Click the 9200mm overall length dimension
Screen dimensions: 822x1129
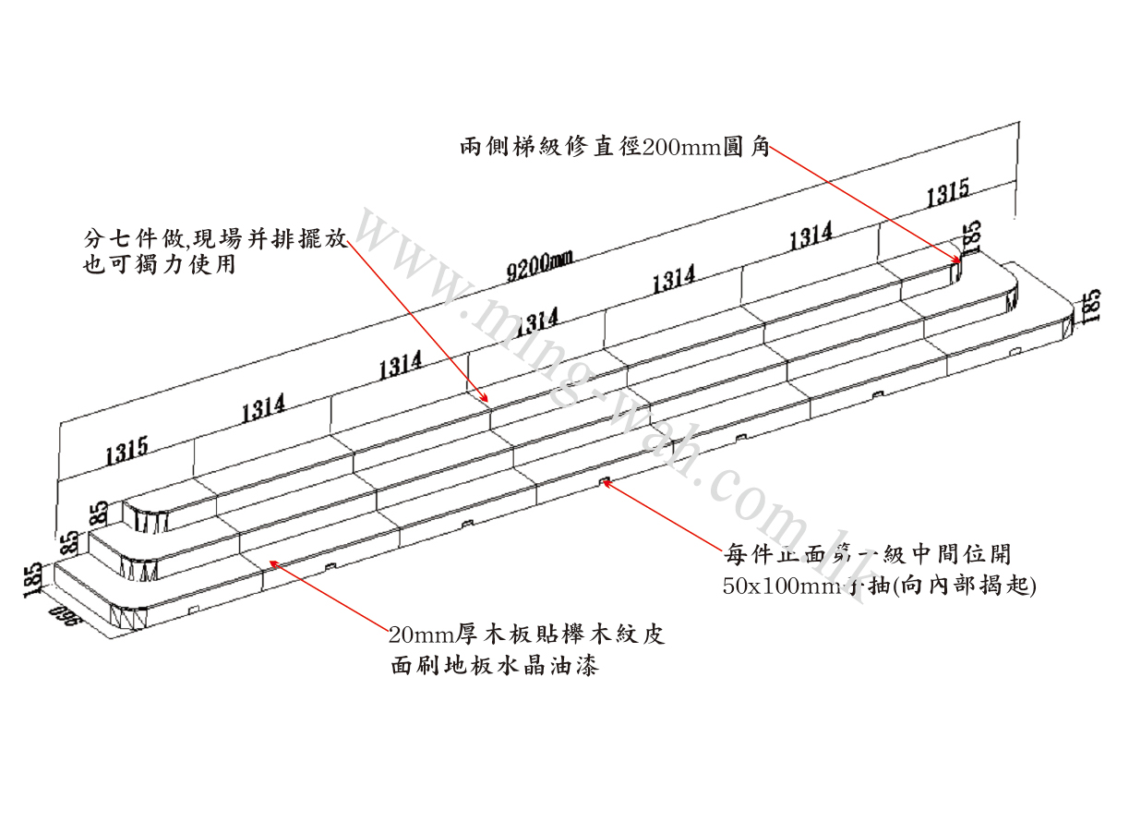[x=540, y=262]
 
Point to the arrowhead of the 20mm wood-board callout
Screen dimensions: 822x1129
[x=269, y=560]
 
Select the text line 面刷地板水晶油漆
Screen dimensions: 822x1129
[x=493, y=665]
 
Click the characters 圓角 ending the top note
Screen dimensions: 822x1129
[x=748, y=149]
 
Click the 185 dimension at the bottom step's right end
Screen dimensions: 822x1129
[x=1090, y=306]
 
